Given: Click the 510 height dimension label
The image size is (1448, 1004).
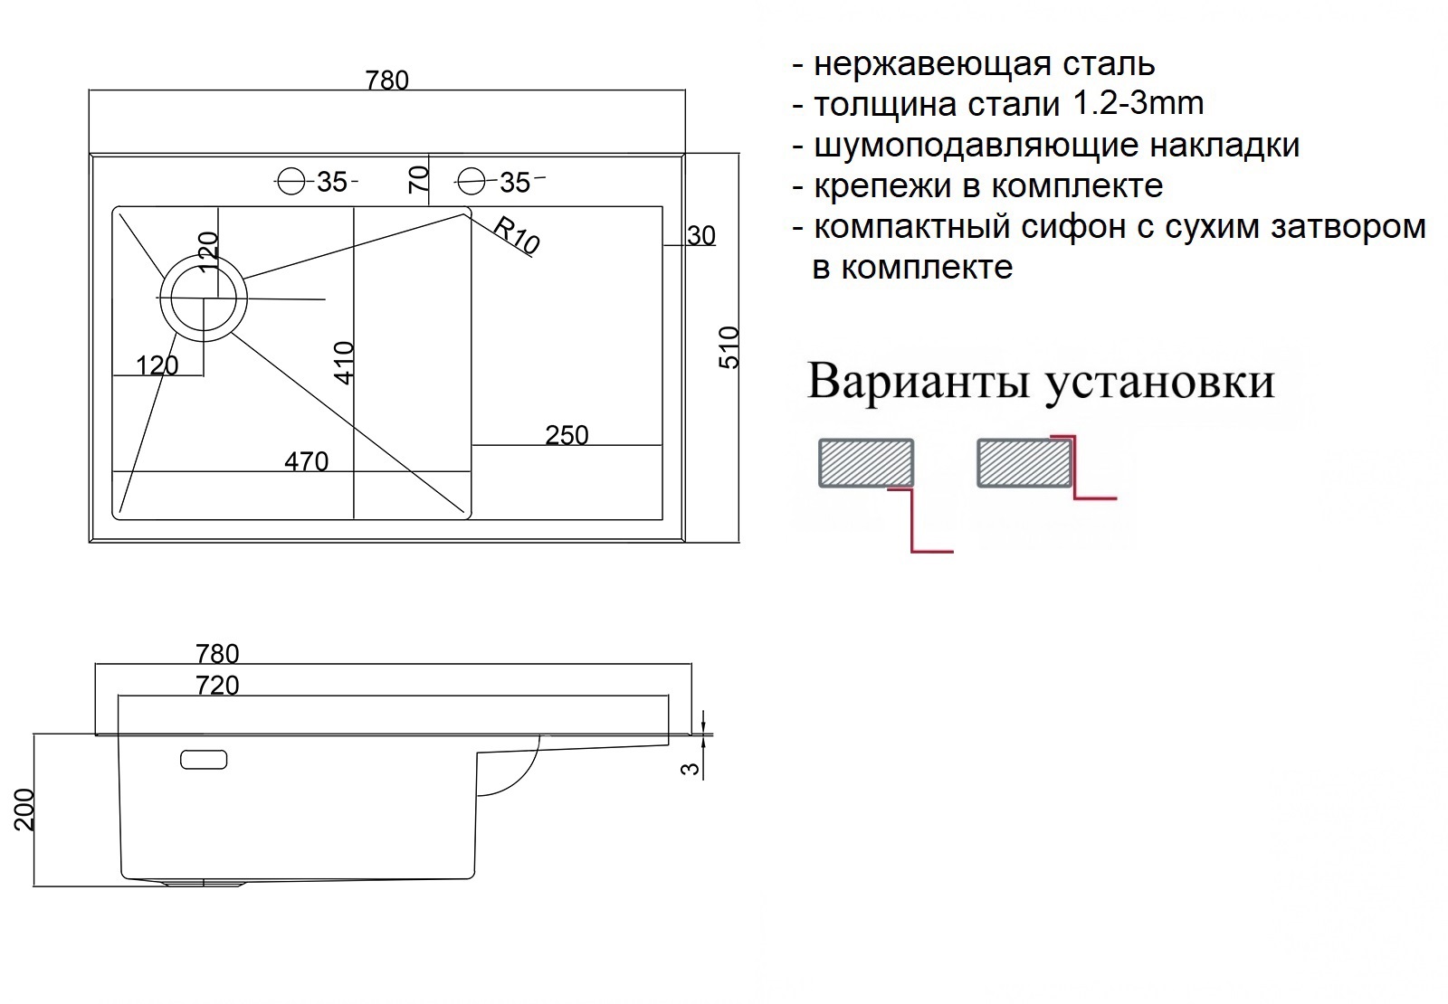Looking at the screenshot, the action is click(729, 347).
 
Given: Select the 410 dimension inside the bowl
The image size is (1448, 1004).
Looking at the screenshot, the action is click(345, 363).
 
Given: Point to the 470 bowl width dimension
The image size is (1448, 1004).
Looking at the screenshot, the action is click(307, 462).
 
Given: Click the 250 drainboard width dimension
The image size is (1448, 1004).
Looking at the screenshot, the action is click(567, 435).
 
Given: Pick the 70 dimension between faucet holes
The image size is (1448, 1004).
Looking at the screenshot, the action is click(418, 179).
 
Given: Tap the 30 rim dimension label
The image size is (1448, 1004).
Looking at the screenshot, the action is click(701, 236).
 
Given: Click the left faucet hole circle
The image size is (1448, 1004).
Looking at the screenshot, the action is click(291, 182).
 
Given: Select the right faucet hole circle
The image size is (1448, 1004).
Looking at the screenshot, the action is click(472, 181).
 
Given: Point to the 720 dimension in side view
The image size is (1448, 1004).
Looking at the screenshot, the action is click(218, 686).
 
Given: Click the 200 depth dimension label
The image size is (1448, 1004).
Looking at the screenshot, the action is click(24, 810).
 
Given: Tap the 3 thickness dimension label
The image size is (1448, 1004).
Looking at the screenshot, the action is click(691, 769).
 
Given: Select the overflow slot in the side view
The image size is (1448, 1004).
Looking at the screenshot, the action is click(204, 760).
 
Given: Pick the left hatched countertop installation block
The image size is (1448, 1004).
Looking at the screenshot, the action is click(866, 462).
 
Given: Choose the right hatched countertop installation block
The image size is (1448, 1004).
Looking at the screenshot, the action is click(1024, 462).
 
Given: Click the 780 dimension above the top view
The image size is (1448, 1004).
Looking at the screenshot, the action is click(387, 81).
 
